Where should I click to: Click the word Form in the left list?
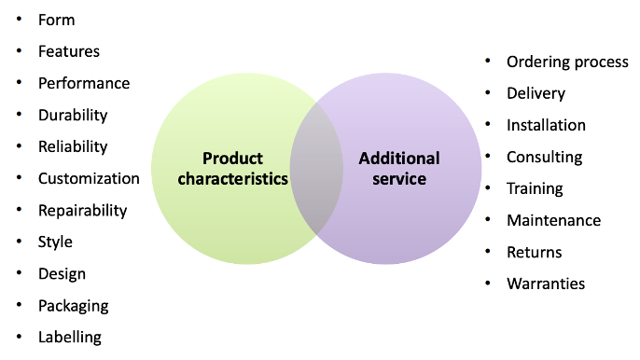click(x=56, y=20)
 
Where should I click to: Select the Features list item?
click(x=68, y=51)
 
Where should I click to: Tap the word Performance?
click(x=83, y=83)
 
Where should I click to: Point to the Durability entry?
click(x=73, y=116)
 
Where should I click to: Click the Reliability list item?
click(x=73, y=146)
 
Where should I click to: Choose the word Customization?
click(x=89, y=178)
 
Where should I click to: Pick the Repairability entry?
click(x=82, y=210)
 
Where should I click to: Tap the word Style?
click(x=55, y=242)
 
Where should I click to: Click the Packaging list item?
click(x=73, y=305)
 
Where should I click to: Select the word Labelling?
click(x=70, y=337)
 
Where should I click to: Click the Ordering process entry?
click(x=567, y=62)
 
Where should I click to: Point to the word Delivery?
click(x=536, y=93)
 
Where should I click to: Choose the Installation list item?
click(x=546, y=125)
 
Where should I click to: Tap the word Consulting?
click(x=544, y=157)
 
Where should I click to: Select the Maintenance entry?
click(x=553, y=220)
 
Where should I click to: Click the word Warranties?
click(x=546, y=284)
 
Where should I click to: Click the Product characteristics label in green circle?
click(x=232, y=168)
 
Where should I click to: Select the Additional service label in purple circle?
click(x=399, y=168)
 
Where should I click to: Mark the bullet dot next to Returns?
click(x=487, y=252)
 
